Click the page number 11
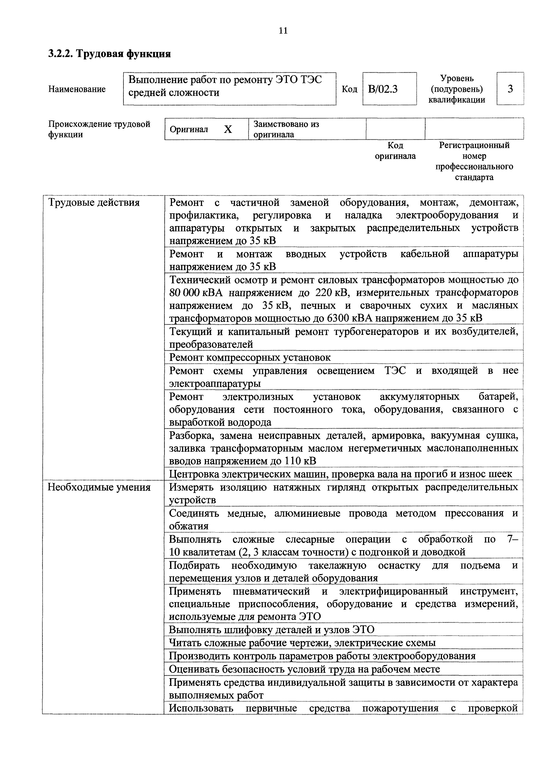(x=283, y=31)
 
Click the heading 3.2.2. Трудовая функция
(x=109, y=54)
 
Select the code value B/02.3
(x=383, y=89)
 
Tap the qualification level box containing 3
(x=510, y=89)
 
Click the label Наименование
(x=77, y=89)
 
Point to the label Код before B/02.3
(x=349, y=89)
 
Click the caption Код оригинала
(x=395, y=151)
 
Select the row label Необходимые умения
(x=99, y=487)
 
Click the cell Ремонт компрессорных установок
(x=250, y=357)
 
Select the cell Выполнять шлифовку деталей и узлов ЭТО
(x=271, y=630)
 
